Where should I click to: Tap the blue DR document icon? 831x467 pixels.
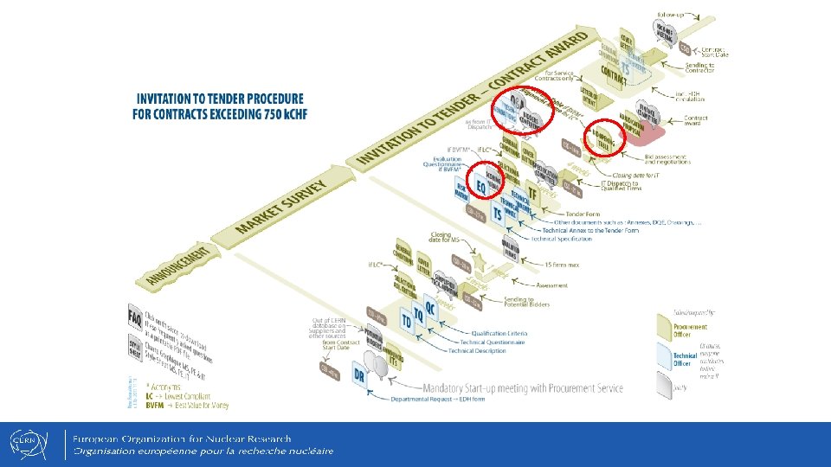pyautogui.click(x=359, y=374)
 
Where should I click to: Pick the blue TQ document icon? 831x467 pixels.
pyautogui.click(x=419, y=310)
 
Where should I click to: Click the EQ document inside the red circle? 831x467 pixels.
pyautogui.click(x=481, y=185)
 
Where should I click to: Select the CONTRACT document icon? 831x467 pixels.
pyautogui.click(x=614, y=79)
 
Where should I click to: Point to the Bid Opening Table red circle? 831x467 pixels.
pyautogui.click(x=602, y=139)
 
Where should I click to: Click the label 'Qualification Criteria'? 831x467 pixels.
pyautogui.click(x=497, y=333)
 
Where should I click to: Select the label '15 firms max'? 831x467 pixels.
pyautogui.click(x=562, y=263)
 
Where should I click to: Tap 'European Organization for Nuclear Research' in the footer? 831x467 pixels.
pyautogui.click(x=182, y=438)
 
